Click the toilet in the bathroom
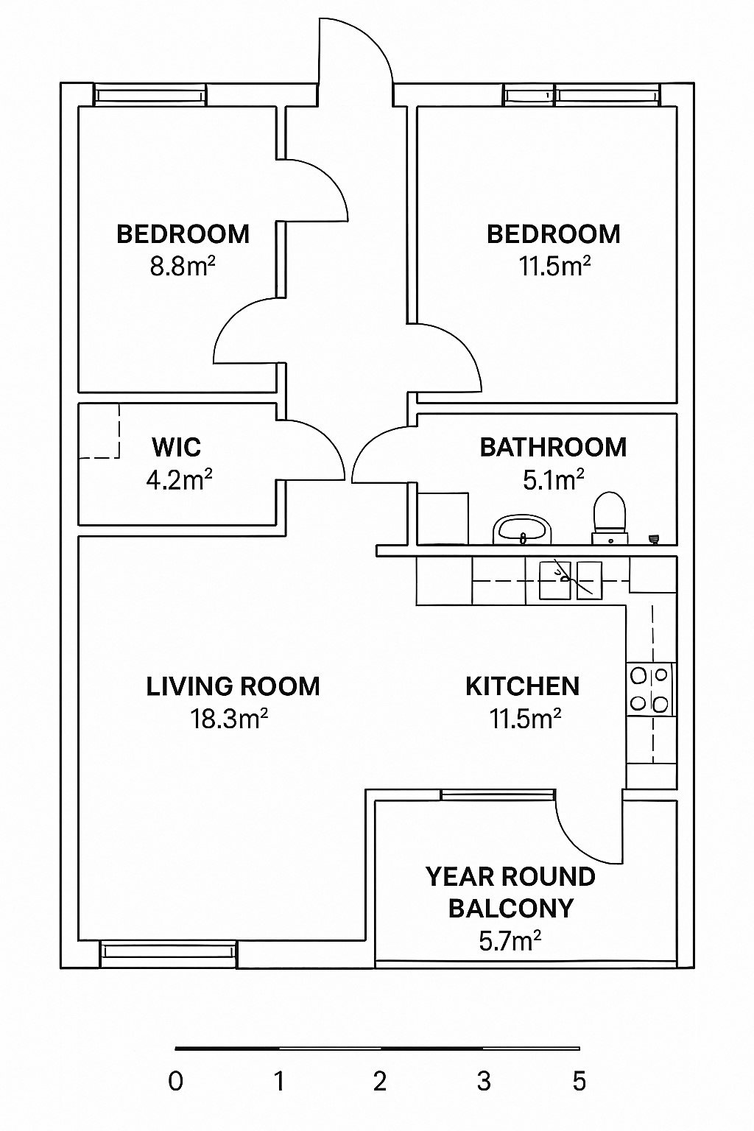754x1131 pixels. click(x=610, y=518)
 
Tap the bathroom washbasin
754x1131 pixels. click(x=521, y=529)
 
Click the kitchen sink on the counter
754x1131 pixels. click(x=571, y=580)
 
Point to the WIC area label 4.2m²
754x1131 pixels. click(x=179, y=480)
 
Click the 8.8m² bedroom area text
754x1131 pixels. click(x=183, y=266)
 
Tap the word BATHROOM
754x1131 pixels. click(x=553, y=448)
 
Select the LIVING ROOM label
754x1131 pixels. click(x=233, y=687)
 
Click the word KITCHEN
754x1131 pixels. click(x=522, y=687)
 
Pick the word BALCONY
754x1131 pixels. click(x=510, y=909)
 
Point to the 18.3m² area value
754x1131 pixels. click(x=229, y=719)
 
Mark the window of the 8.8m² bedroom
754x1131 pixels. click(x=150, y=95)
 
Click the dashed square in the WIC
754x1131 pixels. click(x=99, y=431)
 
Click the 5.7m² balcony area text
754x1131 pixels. click(x=510, y=941)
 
